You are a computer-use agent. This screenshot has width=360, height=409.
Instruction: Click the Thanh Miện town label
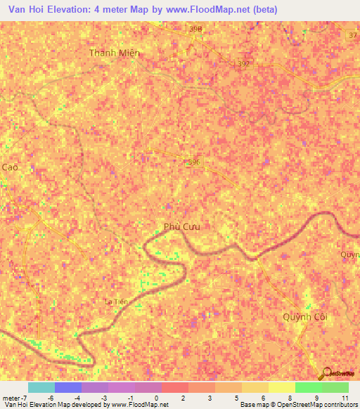(x=115, y=53)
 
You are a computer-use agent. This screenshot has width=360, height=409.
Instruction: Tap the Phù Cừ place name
(x=182, y=226)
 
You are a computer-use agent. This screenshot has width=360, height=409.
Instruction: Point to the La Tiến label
(x=116, y=301)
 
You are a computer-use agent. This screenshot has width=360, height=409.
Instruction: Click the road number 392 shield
(x=244, y=63)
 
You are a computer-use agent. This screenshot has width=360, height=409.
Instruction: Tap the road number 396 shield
(x=195, y=162)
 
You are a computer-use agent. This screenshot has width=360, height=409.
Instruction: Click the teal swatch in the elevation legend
(x=41, y=387)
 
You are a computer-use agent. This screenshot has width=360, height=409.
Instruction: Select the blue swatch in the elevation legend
(x=68, y=387)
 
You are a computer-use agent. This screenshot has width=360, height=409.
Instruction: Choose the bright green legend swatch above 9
(x=308, y=387)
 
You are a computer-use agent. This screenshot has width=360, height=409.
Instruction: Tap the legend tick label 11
(x=344, y=398)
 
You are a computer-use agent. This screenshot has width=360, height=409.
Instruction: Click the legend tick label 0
(x=155, y=398)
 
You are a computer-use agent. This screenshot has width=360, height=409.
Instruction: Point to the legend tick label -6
(x=50, y=398)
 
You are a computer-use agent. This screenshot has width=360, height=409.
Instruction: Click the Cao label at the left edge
(x=9, y=167)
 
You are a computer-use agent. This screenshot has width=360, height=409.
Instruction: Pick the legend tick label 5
(x=236, y=398)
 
